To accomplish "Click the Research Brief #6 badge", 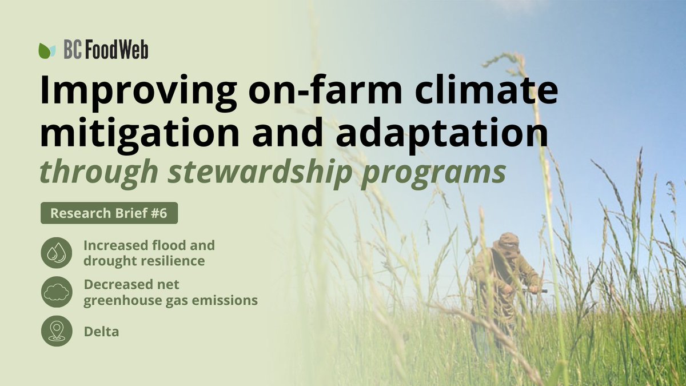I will coord(109,213).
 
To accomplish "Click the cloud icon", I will coord(57,293).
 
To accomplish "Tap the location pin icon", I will coord(57,331).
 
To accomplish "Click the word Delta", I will coord(101,332).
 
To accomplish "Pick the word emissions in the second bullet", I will coord(225,300).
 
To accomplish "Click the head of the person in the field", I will coord(508,244).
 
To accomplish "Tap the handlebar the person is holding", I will coord(535,291).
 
